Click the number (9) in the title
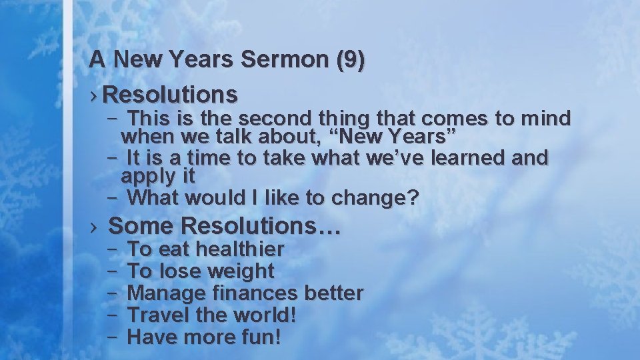click(x=351, y=60)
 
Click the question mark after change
click(x=413, y=198)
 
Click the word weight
click(x=241, y=271)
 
